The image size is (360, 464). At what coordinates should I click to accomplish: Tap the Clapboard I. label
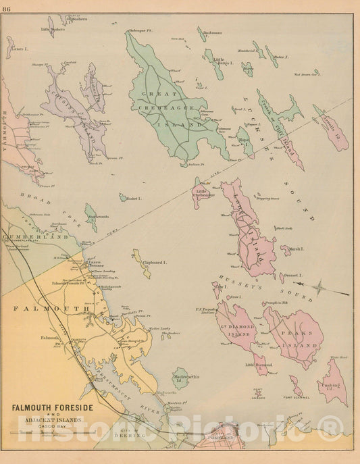point(155,262)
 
